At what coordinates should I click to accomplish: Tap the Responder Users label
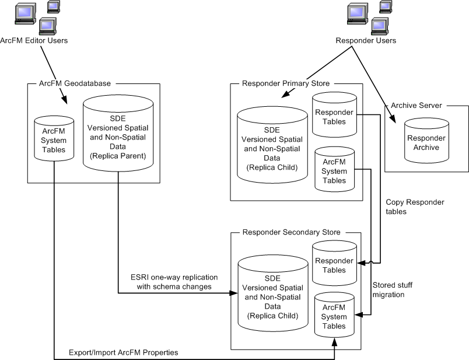(x=366, y=40)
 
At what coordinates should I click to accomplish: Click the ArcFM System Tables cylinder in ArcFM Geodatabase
(x=54, y=140)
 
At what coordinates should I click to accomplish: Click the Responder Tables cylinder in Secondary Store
(x=334, y=264)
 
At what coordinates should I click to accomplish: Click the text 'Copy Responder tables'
(x=415, y=207)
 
